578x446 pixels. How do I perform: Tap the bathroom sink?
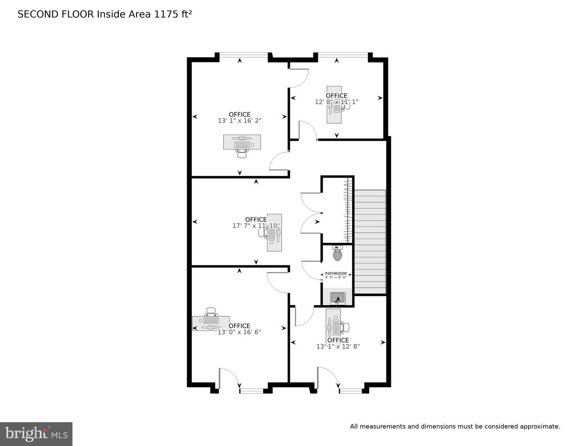tap(338, 298)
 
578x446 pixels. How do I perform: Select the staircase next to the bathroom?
tap(370, 242)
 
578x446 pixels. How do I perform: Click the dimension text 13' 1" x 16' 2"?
tap(240, 120)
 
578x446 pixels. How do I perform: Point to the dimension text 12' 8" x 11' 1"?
tap(336, 102)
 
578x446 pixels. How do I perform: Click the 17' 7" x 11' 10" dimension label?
tap(256, 226)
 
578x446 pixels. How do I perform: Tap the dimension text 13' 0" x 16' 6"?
tap(239, 332)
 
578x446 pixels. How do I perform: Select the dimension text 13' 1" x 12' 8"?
tap(338, 347)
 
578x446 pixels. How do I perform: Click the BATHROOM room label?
tap(336, 274)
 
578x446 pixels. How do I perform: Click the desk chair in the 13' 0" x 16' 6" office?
tap(211, 312)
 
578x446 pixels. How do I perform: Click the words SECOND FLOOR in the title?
tap(55, 14)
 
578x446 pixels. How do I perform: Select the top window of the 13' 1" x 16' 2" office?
tap(244, 55)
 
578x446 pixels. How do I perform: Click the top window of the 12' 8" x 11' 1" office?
tap(343, 55)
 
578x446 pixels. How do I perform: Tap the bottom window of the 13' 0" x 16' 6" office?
tap(252, 390)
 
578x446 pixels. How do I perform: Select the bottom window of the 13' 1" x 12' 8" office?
tap(350, 390)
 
